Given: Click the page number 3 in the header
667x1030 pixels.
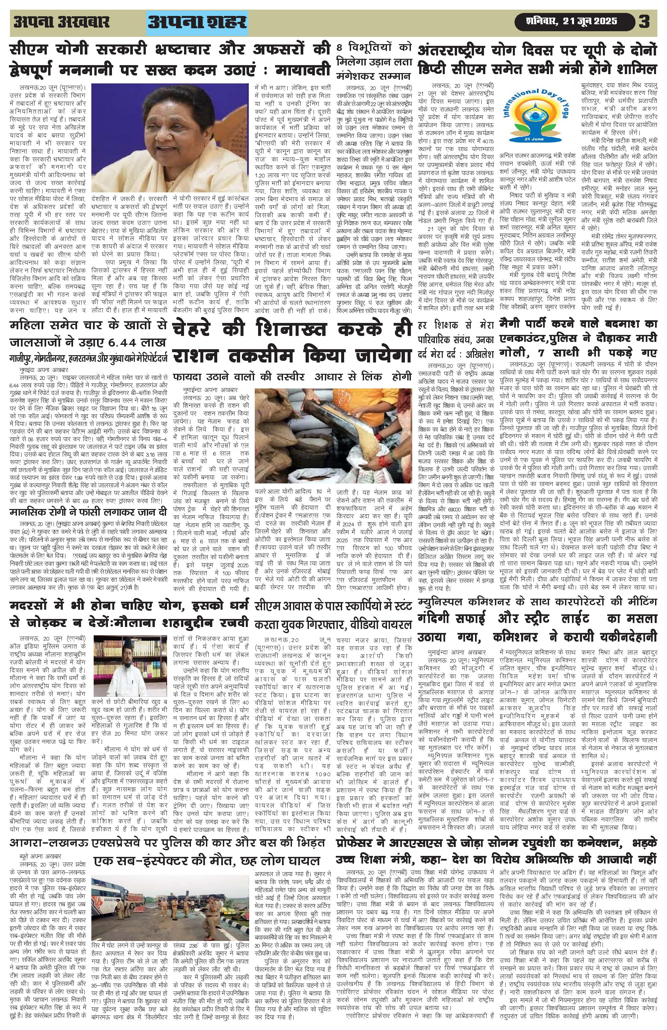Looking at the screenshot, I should point(644,22).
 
